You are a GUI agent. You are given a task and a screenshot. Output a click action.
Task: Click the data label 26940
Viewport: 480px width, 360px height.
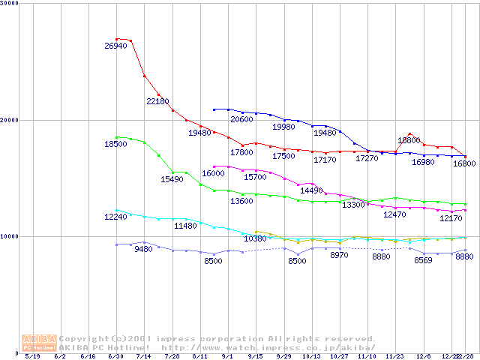[116, 46]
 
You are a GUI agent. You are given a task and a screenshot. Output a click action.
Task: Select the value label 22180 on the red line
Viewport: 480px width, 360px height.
[157, 101]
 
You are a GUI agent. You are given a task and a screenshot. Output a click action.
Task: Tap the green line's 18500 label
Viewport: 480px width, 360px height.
[115, 144]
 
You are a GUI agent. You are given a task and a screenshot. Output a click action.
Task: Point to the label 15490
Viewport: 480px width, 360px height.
[172, 180]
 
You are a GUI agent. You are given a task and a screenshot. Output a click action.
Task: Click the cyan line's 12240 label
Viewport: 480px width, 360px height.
[115, 217]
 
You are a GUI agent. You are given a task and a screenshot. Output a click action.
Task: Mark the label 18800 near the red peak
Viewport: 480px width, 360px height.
[409, 140]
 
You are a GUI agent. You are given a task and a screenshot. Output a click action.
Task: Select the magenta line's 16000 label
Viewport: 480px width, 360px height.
[213, 173]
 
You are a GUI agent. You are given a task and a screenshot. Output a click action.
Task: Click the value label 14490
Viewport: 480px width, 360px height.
[310, 190]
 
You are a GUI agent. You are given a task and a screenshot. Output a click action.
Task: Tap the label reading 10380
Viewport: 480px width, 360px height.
[255, 238]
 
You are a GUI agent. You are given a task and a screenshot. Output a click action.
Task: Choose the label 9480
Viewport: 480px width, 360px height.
[143, 250]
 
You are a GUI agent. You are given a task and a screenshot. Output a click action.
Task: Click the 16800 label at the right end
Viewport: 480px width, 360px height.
[463, 163]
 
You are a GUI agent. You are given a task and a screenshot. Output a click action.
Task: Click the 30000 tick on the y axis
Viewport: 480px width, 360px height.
[10, 4]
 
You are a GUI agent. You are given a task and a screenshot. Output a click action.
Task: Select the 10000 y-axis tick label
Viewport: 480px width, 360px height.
[10, 236]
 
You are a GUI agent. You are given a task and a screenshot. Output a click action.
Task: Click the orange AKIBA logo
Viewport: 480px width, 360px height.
[40, 343]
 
